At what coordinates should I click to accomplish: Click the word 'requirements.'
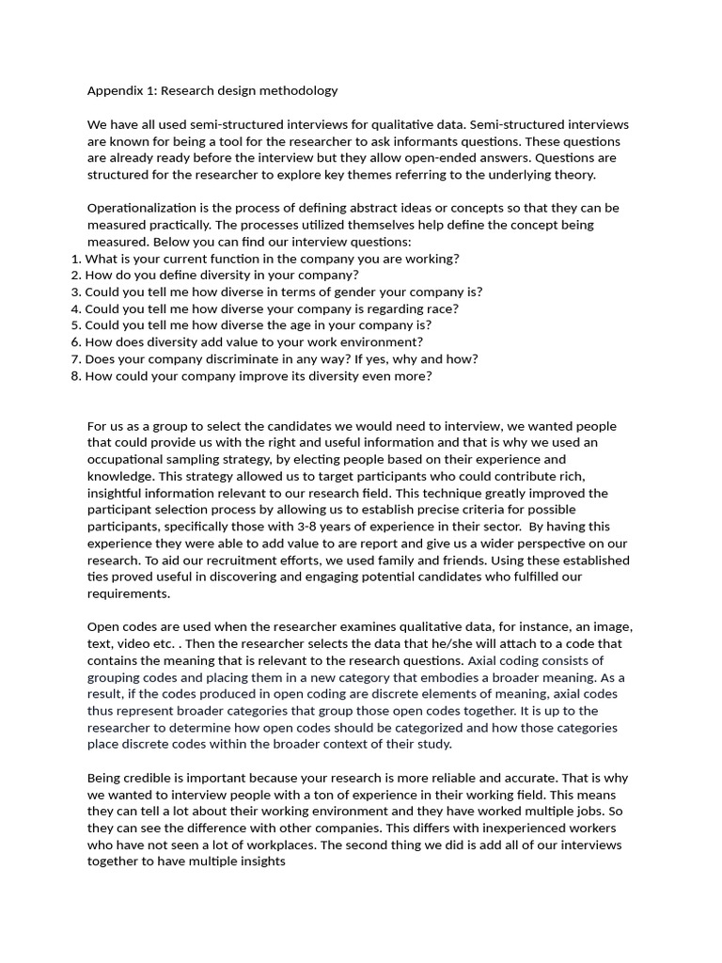(129, 594)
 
